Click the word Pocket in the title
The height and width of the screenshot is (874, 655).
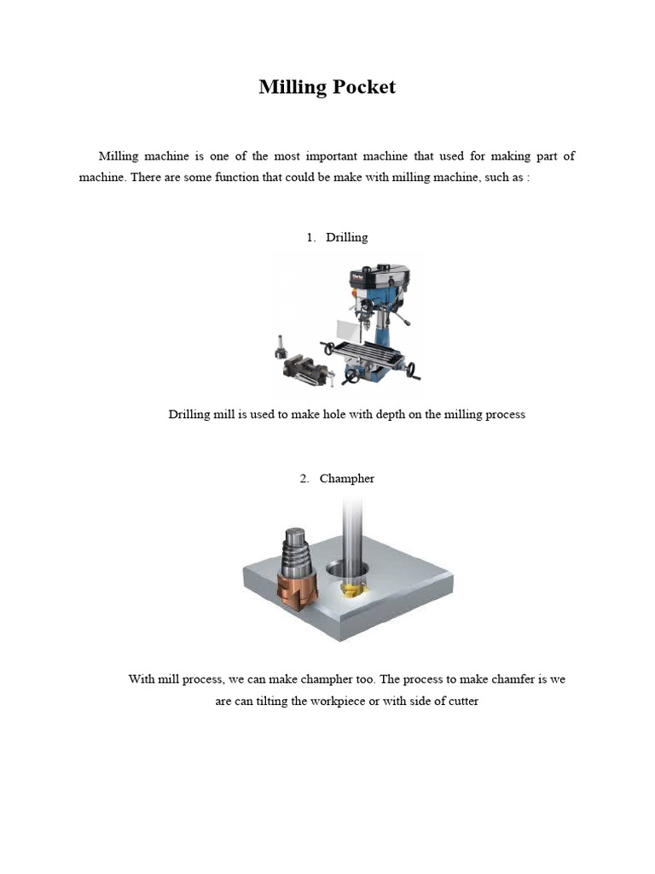pyautogui.click(x=362, y=87)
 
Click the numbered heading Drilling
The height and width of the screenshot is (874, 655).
pyautogui.click(x=347, y=236)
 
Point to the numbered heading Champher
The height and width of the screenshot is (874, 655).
pyautogui.click(x=347, y=479)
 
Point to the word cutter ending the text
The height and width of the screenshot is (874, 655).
pyautogui.click(x=460, y=702)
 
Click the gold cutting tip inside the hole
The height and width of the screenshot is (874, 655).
pyautogui.click(x=351, y=591)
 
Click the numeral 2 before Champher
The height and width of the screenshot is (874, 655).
pyautogui.click(x=304, y=479)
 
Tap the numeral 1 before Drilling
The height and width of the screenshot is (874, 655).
pyautogui.click(x=310, y=236)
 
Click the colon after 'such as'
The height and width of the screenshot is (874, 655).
pyautogui.click(x=528, y=180)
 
